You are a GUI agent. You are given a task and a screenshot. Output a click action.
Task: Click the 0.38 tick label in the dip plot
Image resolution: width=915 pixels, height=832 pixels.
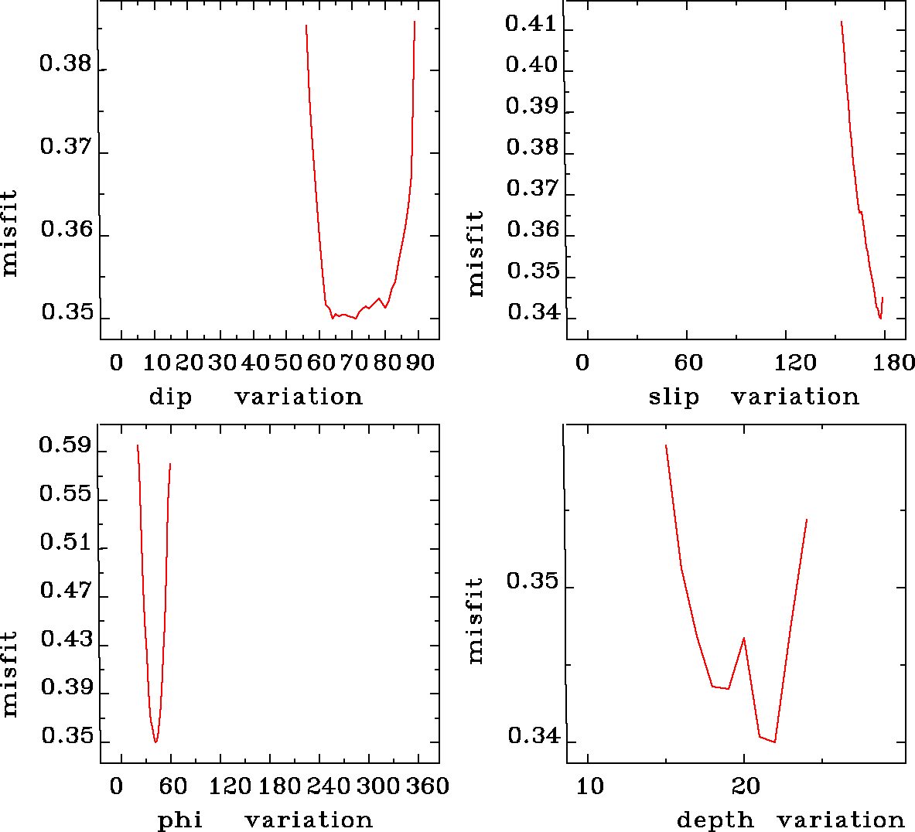[65, 64]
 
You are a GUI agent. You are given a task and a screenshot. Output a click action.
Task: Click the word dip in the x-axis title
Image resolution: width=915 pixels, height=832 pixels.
[170, 397]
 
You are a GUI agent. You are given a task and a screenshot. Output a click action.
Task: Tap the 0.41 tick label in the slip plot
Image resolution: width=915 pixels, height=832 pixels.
[531, 24]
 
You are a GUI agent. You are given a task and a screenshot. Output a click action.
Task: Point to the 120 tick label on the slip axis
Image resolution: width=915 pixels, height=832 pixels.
[796, 363]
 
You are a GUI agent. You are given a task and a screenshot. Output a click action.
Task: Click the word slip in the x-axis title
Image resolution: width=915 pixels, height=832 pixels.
[674, 397]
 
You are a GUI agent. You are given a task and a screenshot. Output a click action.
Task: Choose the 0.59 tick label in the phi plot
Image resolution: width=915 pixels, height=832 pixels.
[65, 447]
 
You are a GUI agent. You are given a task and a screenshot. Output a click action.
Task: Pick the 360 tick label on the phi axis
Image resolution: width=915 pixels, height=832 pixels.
[428, 786]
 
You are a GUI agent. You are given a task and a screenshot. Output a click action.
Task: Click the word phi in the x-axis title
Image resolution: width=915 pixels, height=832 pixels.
[180, 820]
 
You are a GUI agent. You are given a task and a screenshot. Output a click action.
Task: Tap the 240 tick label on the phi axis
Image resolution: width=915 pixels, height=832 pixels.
[329, 786]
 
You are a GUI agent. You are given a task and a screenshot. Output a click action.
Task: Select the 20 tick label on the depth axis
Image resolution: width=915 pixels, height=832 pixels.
[746, 786]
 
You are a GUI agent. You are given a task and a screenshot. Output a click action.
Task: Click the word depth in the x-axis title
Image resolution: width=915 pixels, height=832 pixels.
[715, 820]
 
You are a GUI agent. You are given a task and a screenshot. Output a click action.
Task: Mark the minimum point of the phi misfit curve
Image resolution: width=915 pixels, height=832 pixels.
[155, 742]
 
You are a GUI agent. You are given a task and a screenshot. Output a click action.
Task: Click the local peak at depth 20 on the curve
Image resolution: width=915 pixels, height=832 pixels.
[744, 638]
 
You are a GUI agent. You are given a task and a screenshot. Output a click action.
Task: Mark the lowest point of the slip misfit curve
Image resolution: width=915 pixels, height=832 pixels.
[880, 318]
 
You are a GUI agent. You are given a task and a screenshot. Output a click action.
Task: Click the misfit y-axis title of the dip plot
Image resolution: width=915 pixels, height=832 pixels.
[9, 233]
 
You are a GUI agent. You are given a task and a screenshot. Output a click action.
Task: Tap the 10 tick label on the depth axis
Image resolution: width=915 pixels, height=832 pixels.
[590, 786]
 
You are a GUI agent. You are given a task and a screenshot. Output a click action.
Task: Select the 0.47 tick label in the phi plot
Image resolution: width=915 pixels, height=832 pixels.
[66, 592]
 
